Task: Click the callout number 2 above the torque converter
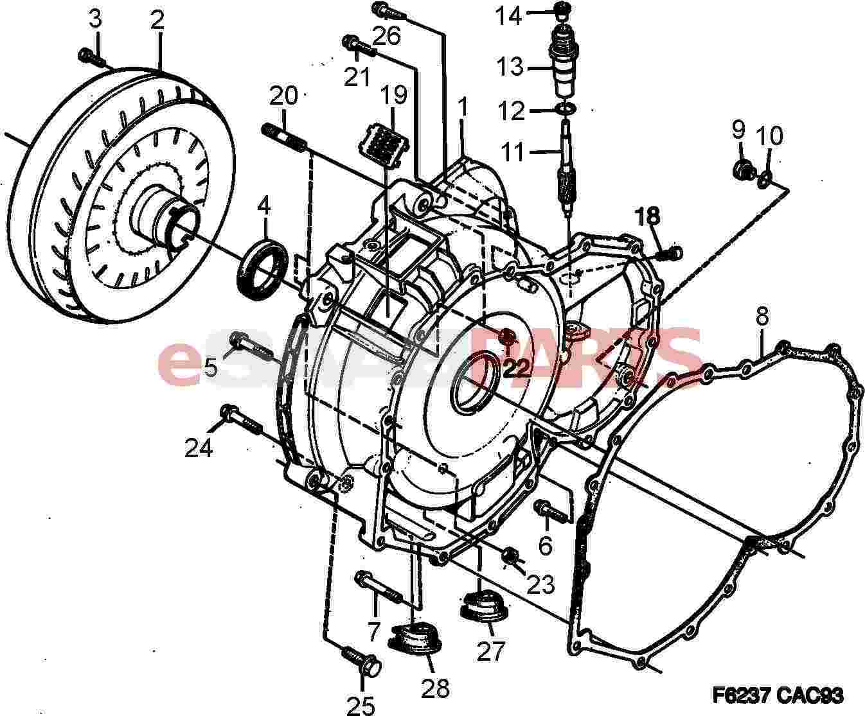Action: [157, 20]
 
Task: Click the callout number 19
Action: [393, 95]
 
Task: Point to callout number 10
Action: [769, 135]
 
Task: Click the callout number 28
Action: [435, 688]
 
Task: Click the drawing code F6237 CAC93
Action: [778, 695]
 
